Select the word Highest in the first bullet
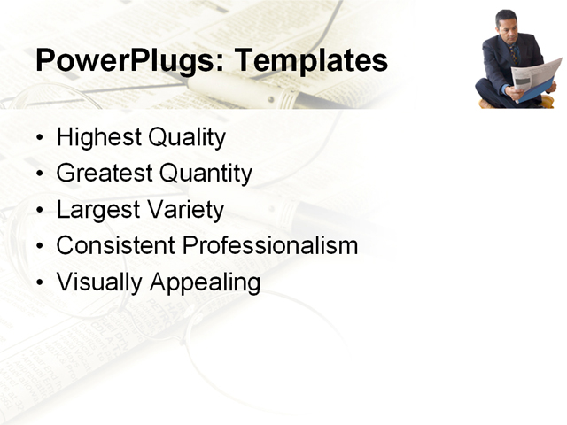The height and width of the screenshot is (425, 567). coord(97,137)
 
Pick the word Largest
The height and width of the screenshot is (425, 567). coord(93,210)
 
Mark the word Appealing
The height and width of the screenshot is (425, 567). coord(205,282)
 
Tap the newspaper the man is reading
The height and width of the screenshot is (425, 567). coord(537,78)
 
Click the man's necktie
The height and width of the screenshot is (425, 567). coord(512,53)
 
